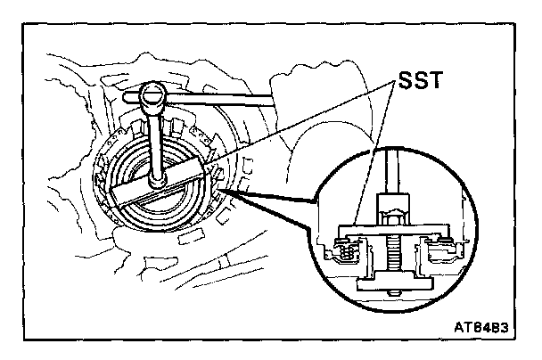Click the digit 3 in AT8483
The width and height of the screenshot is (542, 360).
click(x=505, y=328)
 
